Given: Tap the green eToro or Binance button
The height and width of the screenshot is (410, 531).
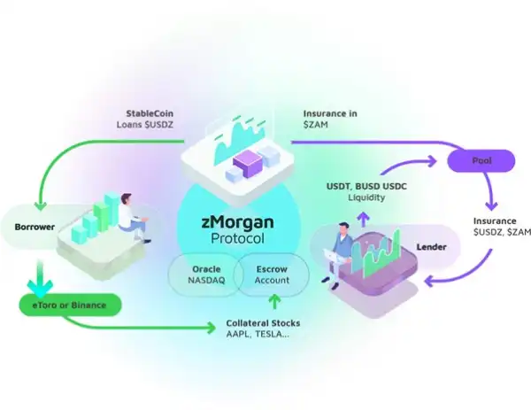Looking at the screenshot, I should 70,306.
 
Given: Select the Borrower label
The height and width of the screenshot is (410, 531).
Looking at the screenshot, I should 35,227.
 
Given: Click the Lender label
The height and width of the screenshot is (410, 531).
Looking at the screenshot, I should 431,247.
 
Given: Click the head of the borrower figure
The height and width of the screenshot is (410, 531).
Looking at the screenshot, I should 127,200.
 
